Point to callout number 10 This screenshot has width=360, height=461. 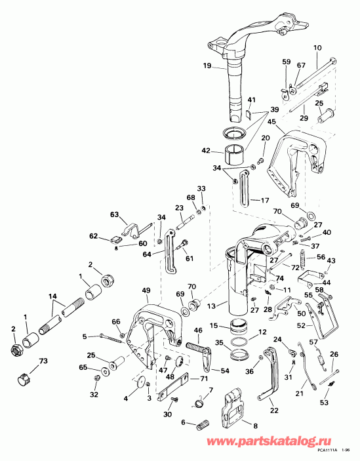click(318, 48)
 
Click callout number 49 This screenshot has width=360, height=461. click(145, 291)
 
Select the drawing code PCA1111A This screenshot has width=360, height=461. click(325, 451)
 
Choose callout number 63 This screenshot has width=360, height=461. click(115, 214)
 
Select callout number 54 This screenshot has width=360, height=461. click(225, 372)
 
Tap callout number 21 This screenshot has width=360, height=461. click(298, 393)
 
